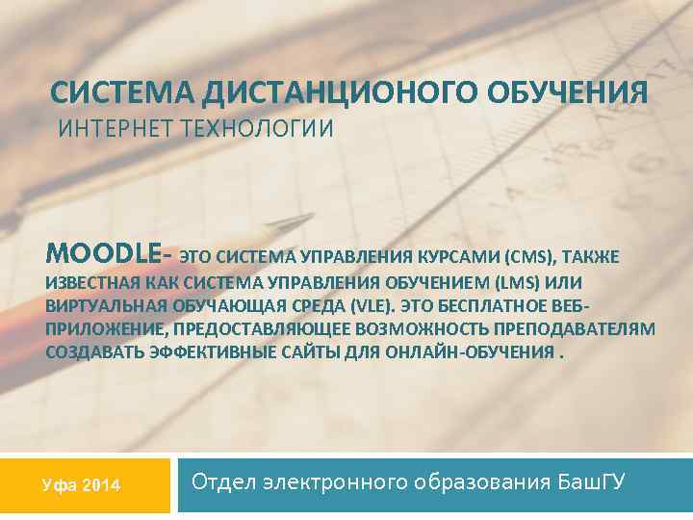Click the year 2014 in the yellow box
coord(101,484)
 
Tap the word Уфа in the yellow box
coord(59,484)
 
